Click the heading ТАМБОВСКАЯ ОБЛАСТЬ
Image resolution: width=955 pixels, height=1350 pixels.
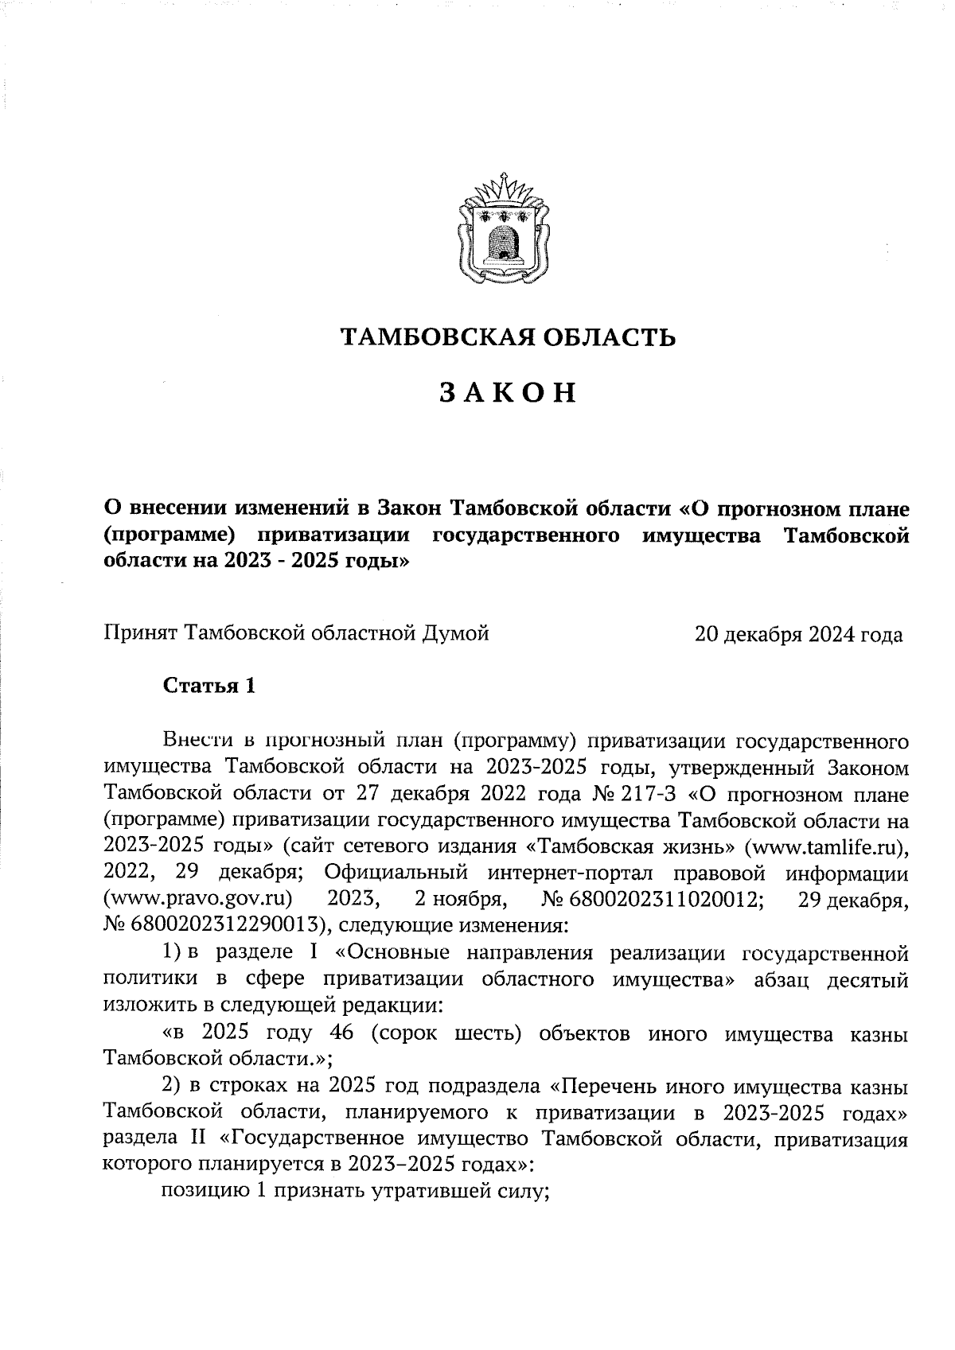coord(508,338)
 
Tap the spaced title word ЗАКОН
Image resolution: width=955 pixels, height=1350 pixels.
coord(507,393)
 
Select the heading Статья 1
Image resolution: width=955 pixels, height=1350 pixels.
coord(209,686)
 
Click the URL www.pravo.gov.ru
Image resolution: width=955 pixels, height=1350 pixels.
coord(198,899)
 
